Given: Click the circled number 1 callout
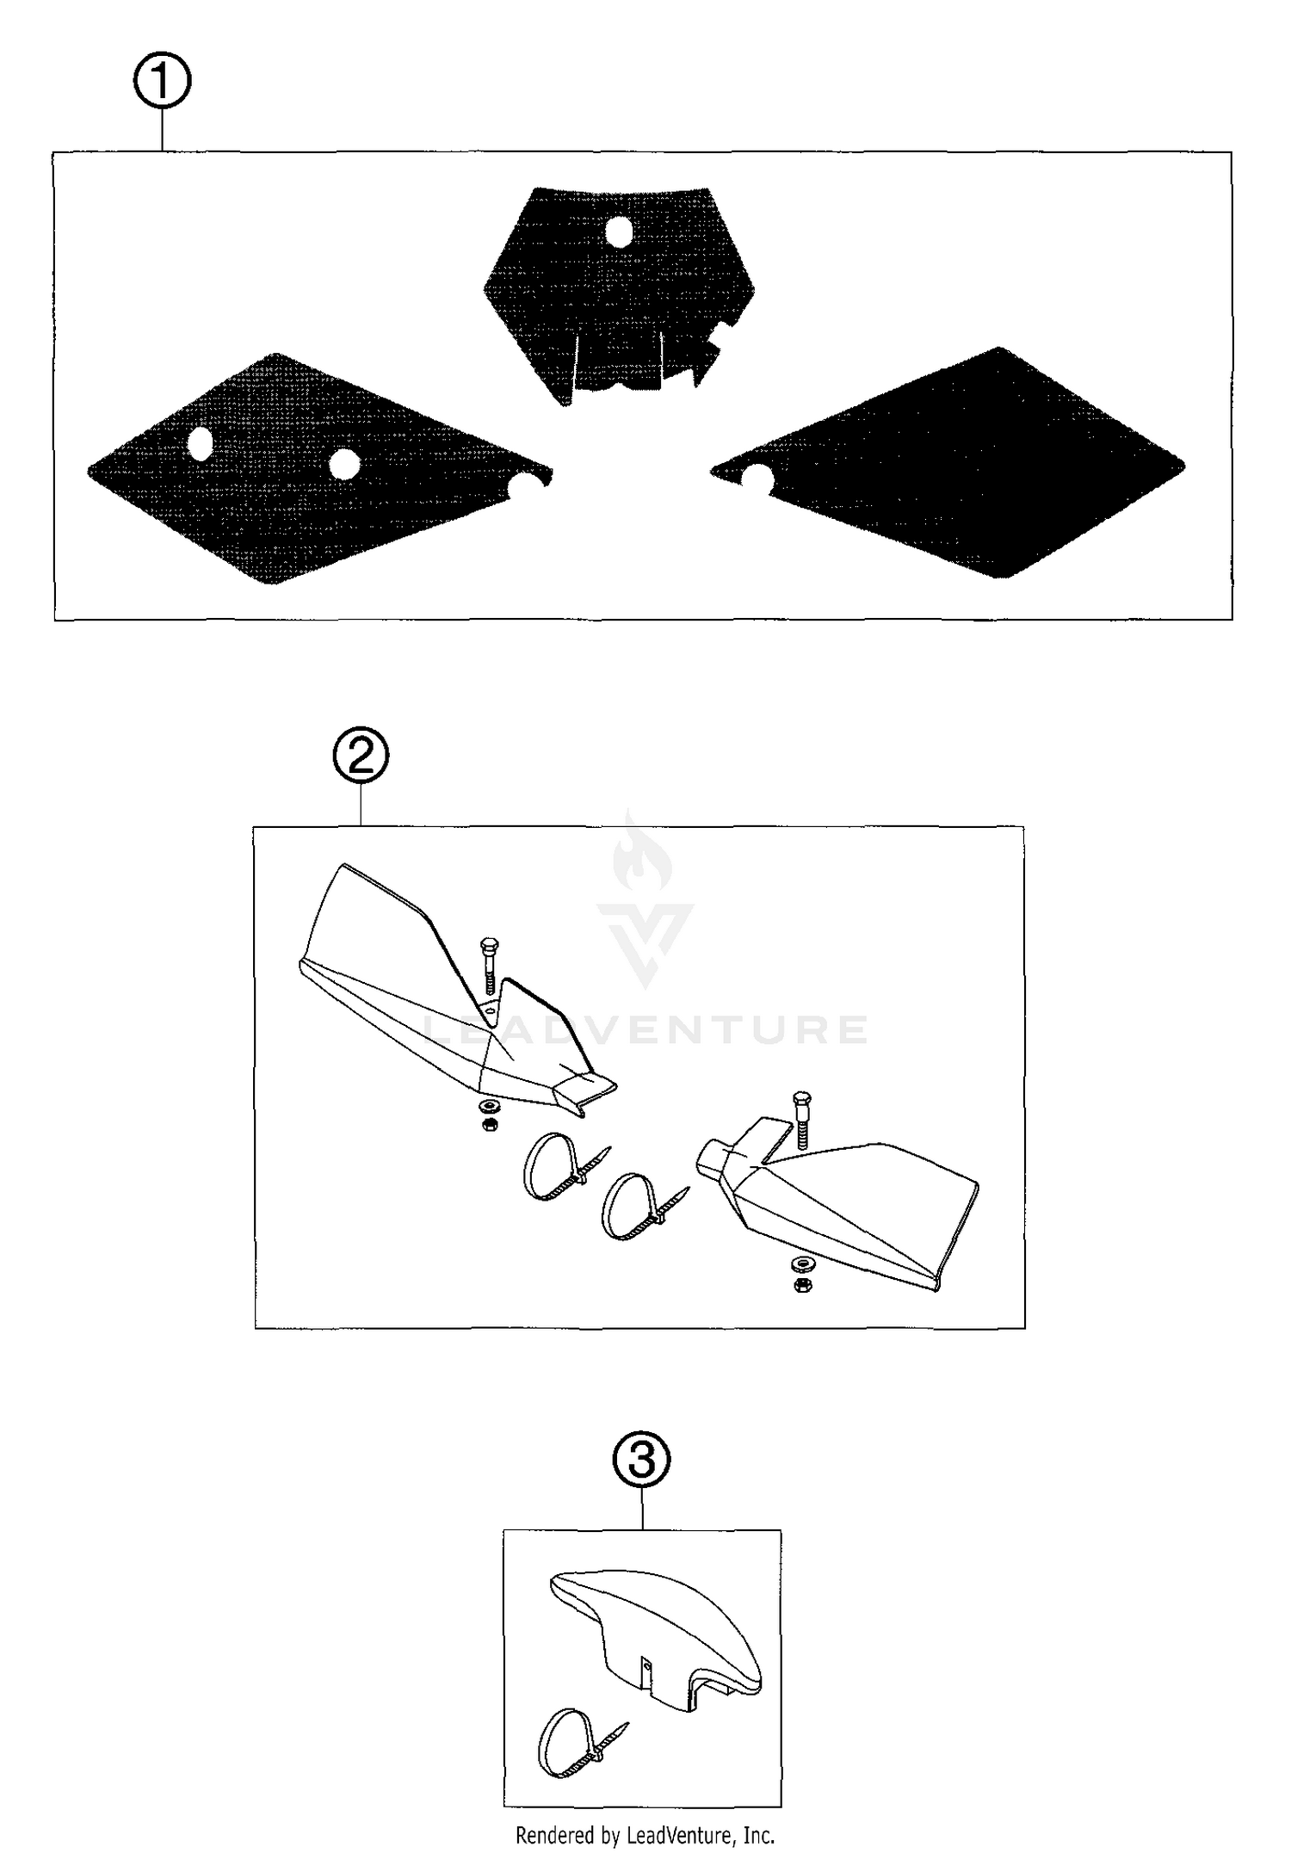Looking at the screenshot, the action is coord(162,82).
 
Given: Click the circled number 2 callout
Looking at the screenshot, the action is coord(361,756).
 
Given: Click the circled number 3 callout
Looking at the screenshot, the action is coord(641,1461).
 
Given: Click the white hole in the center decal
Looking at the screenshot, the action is coord(619,232).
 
